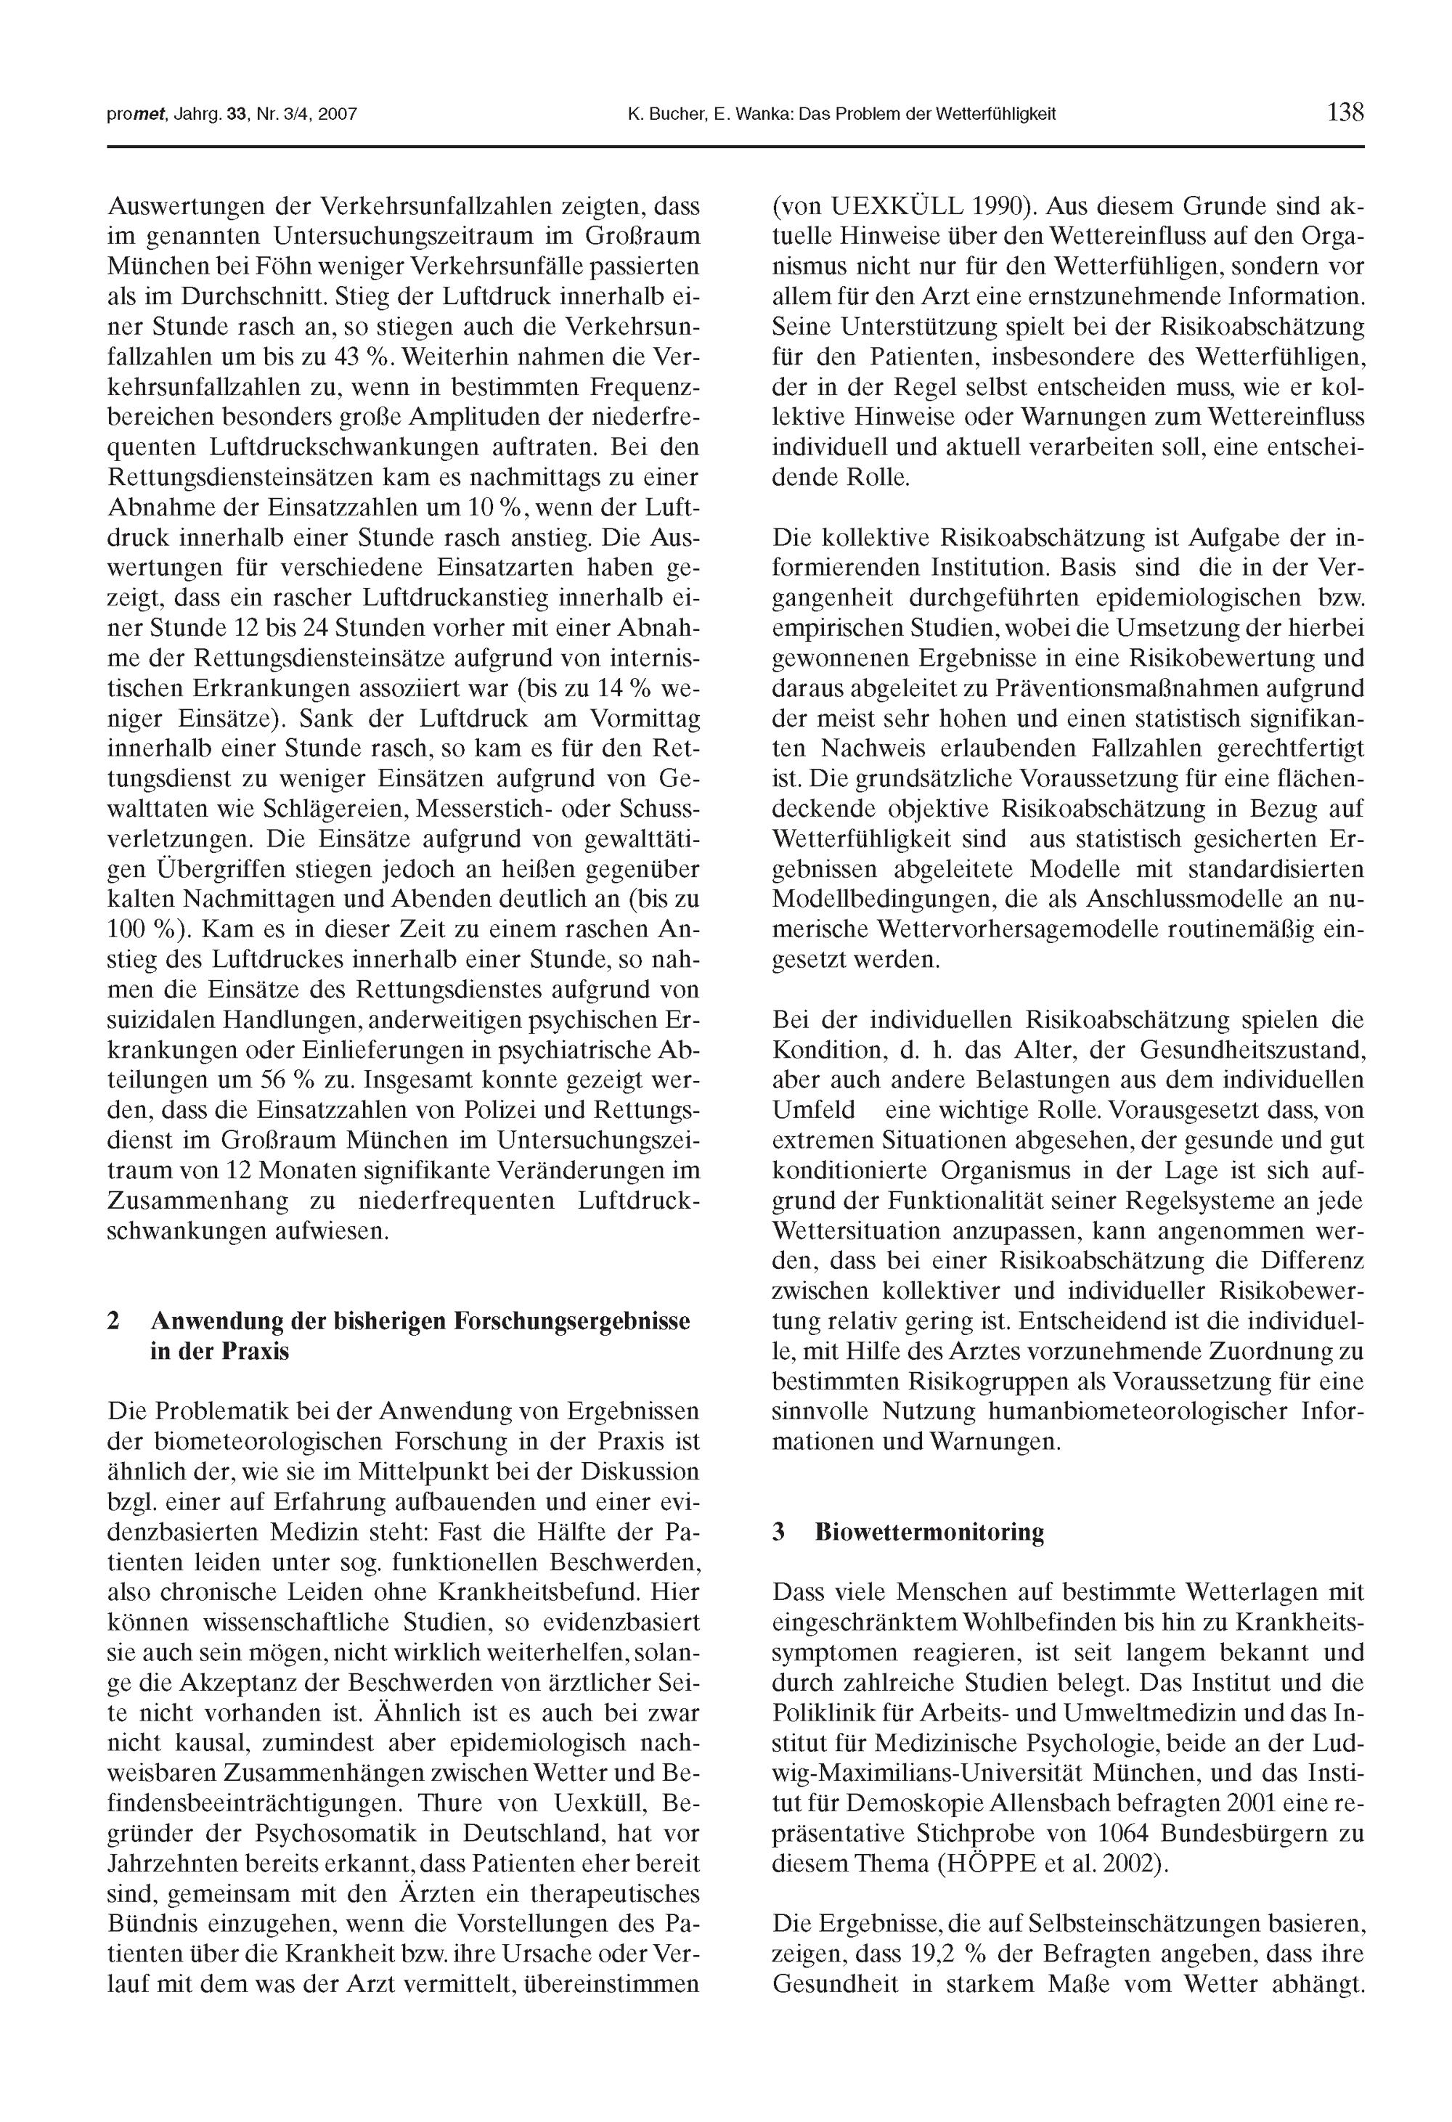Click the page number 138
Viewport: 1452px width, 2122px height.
coord(1345,113)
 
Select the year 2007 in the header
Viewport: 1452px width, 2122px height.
coord(337,115)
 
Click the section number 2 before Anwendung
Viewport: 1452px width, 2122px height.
coord(113,1321)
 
